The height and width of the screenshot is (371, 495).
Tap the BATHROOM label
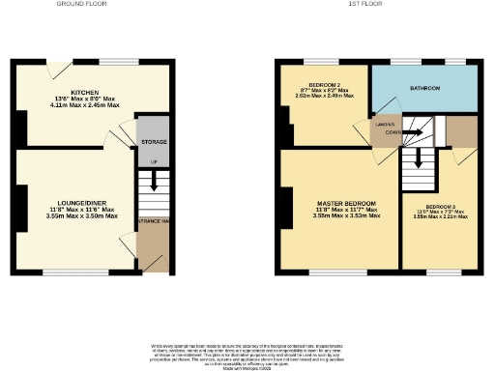point(425,88)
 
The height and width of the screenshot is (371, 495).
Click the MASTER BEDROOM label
point(338,204)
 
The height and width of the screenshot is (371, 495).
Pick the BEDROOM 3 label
point(441,207)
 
